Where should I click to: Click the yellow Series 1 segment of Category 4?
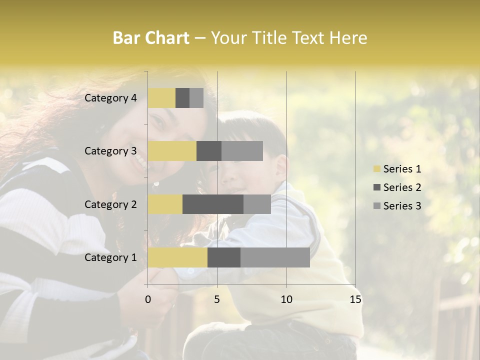click(x=161, y=98)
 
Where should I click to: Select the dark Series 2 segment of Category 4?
click(x=182, y=98)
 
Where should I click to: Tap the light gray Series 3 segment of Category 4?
click(x=196, y=98)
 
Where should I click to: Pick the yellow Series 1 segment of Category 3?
click(x=172, y=151)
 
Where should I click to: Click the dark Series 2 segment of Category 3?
click(x=209, y=151)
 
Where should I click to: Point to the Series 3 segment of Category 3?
click(x=242, y=151)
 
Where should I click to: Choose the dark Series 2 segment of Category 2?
click(x=213, y=204)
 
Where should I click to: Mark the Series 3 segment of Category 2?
click(x=257, y=204)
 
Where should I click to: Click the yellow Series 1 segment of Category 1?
click(x=177, y=257)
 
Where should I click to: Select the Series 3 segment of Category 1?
click(x=275, y=257)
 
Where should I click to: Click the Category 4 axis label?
click(x=110, y=98)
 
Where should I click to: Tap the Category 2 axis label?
click(x=110, y=204)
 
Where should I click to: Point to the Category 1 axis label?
click(x=110, y=257)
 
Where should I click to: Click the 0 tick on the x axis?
click(x=148, y=299)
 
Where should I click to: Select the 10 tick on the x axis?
click(x=286, y=299)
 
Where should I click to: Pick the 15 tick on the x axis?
click(x=355, y=299)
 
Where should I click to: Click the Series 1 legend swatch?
click(x=376, y=169)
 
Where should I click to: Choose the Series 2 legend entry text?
click(x=402, y=187)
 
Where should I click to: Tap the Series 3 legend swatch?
click(x=376, y=206)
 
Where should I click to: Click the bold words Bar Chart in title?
click(x=151, y=38)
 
